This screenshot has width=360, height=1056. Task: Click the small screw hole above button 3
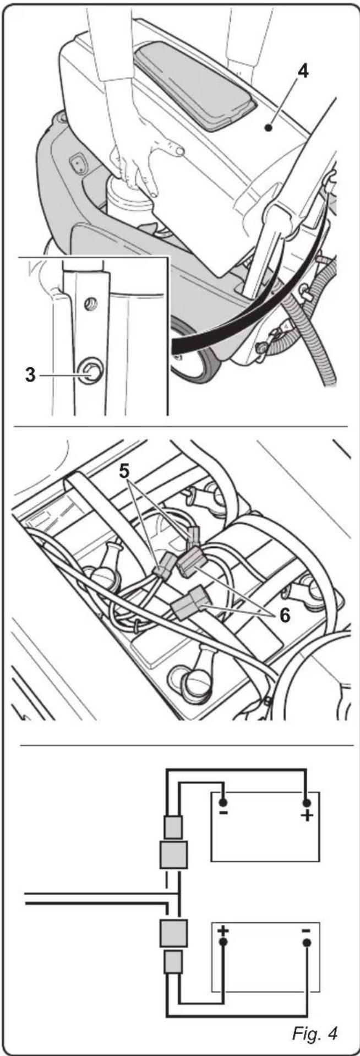click(x=92, y=302)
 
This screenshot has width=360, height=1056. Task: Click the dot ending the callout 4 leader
click(x=268, y=128)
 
